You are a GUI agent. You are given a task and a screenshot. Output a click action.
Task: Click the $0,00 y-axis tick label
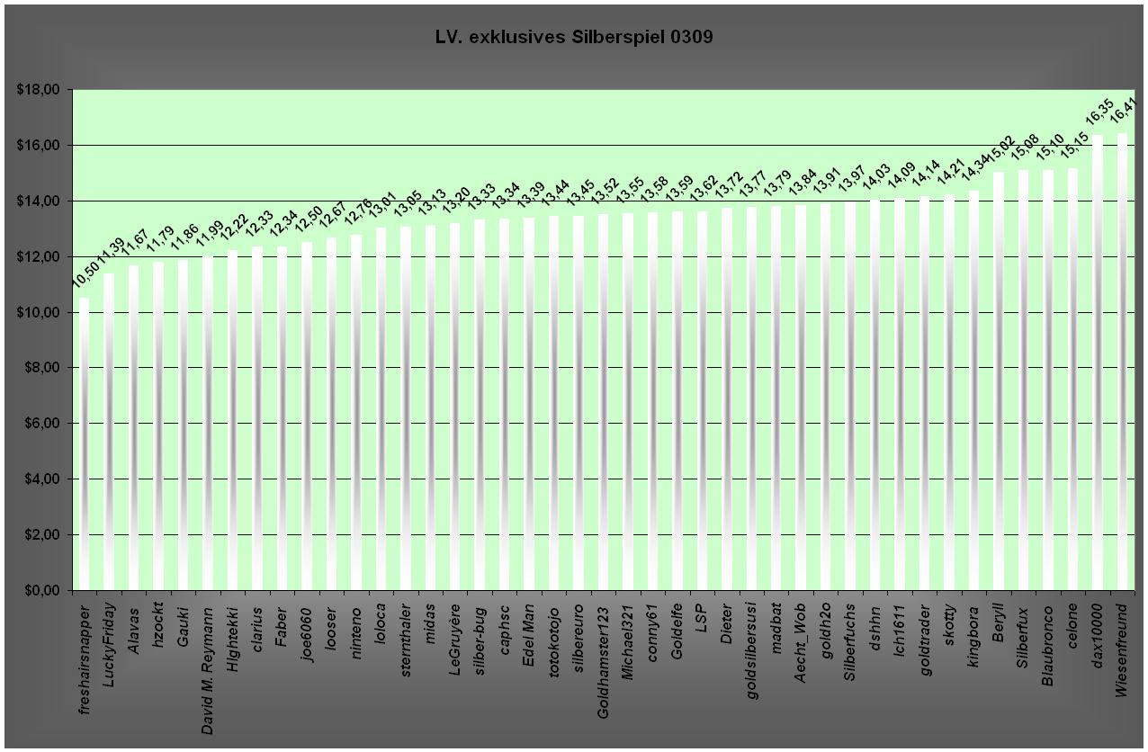39,590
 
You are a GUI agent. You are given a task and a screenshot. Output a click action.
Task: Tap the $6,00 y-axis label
39,424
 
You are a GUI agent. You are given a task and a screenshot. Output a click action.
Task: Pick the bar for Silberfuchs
850,396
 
